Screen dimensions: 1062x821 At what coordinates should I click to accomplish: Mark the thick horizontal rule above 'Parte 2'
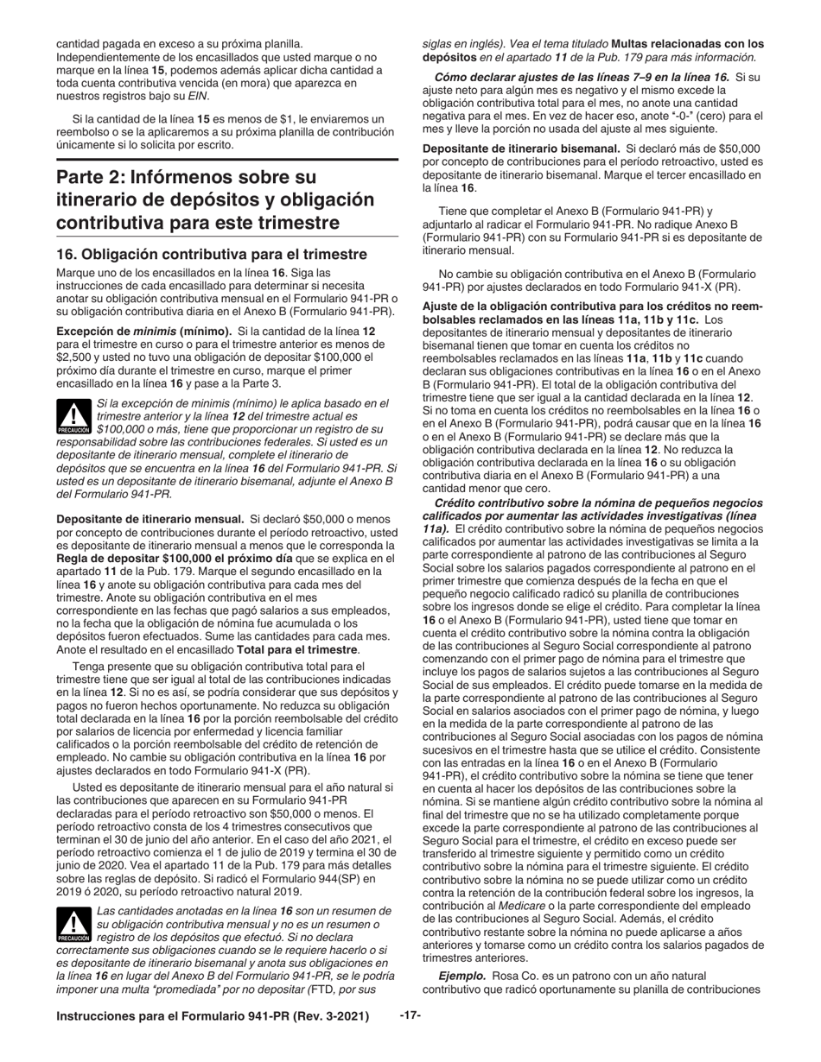coord(227,159)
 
